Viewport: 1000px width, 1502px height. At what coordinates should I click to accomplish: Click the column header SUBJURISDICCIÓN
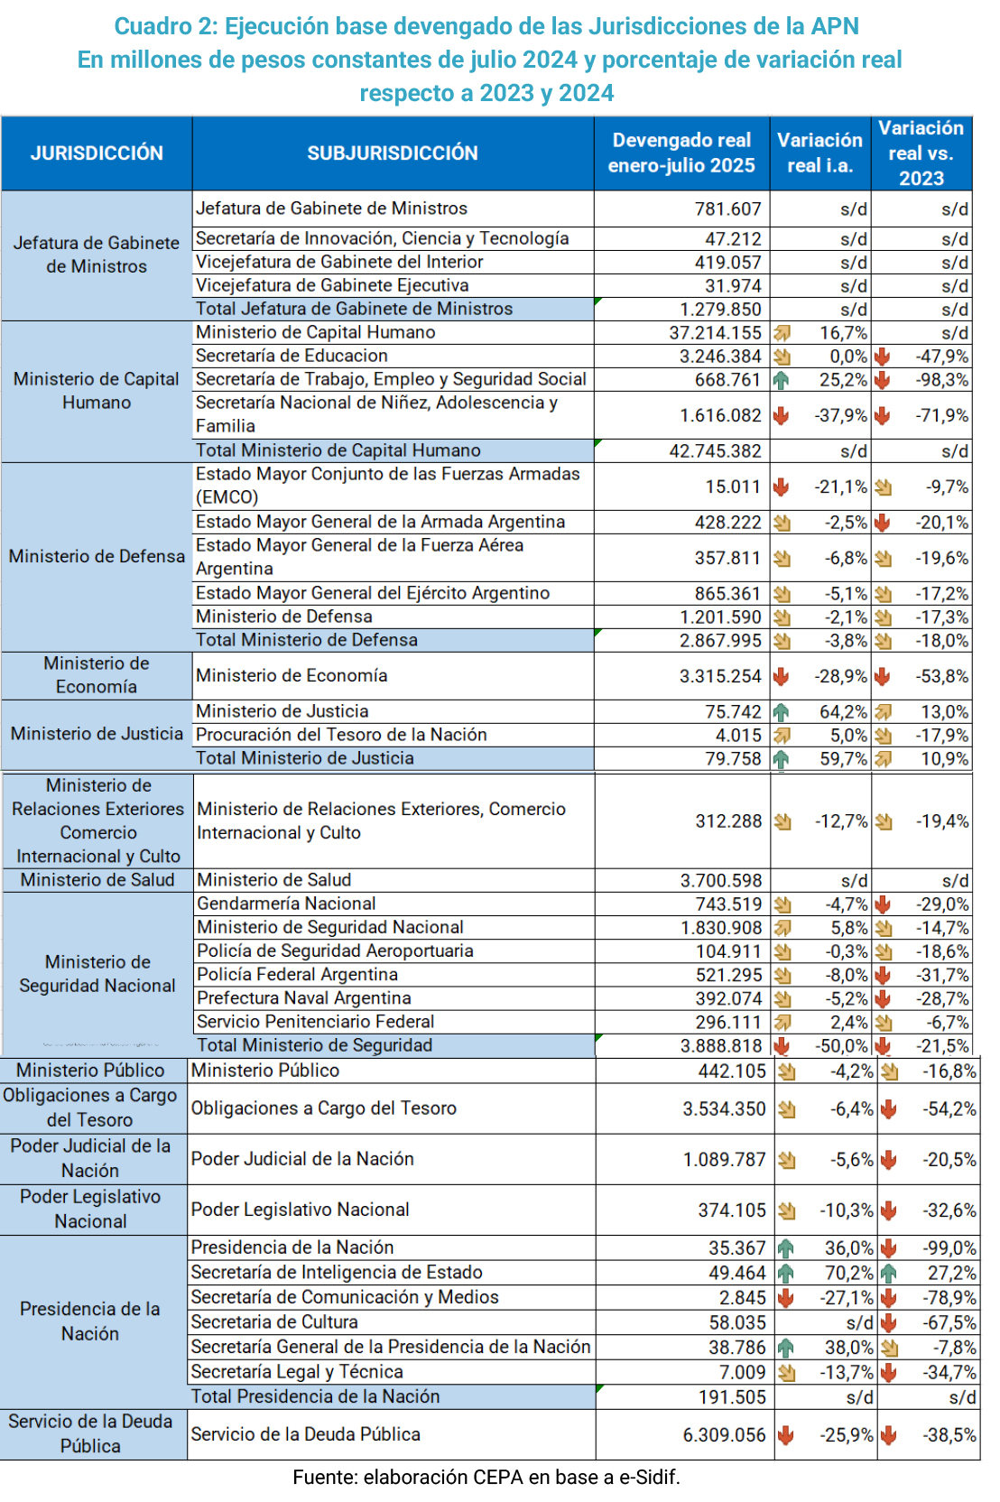coord(393,153)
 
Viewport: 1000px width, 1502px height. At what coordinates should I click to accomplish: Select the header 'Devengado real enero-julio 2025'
coord(681,153)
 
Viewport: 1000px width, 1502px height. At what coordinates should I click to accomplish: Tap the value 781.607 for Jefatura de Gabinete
coord(727,209)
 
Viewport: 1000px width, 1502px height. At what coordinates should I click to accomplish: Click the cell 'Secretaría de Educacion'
coord(292,356)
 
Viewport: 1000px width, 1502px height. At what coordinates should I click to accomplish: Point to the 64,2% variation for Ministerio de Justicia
coord(843,712)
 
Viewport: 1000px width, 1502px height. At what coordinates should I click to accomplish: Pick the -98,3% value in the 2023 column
coord(942,380)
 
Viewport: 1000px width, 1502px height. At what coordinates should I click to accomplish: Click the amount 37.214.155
coord(715,333)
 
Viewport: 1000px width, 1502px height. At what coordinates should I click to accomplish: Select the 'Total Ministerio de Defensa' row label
coord(307,640)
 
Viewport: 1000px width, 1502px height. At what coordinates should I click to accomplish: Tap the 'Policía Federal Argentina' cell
coord(298,975)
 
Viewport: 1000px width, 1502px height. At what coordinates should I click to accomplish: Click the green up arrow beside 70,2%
coord(786,1274)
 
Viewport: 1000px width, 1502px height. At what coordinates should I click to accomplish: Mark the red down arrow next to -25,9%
coord(786,1435)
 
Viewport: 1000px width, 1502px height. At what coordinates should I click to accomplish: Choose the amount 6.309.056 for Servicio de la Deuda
coord(724,1435)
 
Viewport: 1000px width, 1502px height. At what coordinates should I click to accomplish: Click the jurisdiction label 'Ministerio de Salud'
coord(97,880)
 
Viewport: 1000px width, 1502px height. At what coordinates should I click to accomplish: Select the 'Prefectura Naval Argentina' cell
coord(304,998)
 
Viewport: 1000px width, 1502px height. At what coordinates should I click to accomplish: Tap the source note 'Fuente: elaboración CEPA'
coord(486,1478)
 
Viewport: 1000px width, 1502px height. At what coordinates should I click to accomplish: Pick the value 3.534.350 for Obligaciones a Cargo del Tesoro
coord(724,1109)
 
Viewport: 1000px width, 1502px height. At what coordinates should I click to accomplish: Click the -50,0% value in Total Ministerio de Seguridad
coord(842,1046)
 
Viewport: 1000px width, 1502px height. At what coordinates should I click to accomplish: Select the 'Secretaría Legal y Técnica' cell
coord(297,1372)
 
